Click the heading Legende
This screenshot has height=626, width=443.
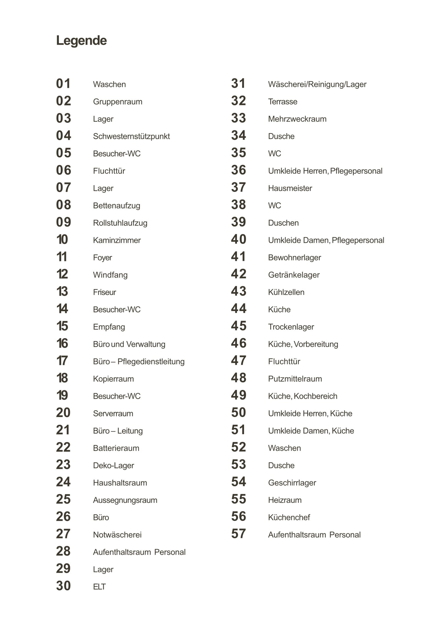point(81,41)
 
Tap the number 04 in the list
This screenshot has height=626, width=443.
point(63,136)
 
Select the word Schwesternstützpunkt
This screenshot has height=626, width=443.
point(131,136)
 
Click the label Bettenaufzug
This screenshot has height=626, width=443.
point(117,206)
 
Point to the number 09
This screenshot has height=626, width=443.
point(63,222)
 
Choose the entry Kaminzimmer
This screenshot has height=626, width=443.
point(117,240)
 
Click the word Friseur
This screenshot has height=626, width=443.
point(105,292)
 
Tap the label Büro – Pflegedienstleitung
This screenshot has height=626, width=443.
point(139,362)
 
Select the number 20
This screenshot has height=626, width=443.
point(63,413)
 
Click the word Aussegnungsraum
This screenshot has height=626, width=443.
point(125,500)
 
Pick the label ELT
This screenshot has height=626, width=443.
point(99,587)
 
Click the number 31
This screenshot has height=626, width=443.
point(238,84)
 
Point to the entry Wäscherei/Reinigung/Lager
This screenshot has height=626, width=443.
point(317,84)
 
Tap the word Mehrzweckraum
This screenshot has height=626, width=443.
point(297,119)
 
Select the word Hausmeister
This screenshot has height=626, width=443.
point(290,188)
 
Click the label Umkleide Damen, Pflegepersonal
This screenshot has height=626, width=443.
point(326,240)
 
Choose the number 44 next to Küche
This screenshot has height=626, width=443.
point(239,309)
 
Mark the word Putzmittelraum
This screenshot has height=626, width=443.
point(295,379)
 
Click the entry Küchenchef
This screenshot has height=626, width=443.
point(289,517)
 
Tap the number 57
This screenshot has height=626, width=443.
point(239,534)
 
